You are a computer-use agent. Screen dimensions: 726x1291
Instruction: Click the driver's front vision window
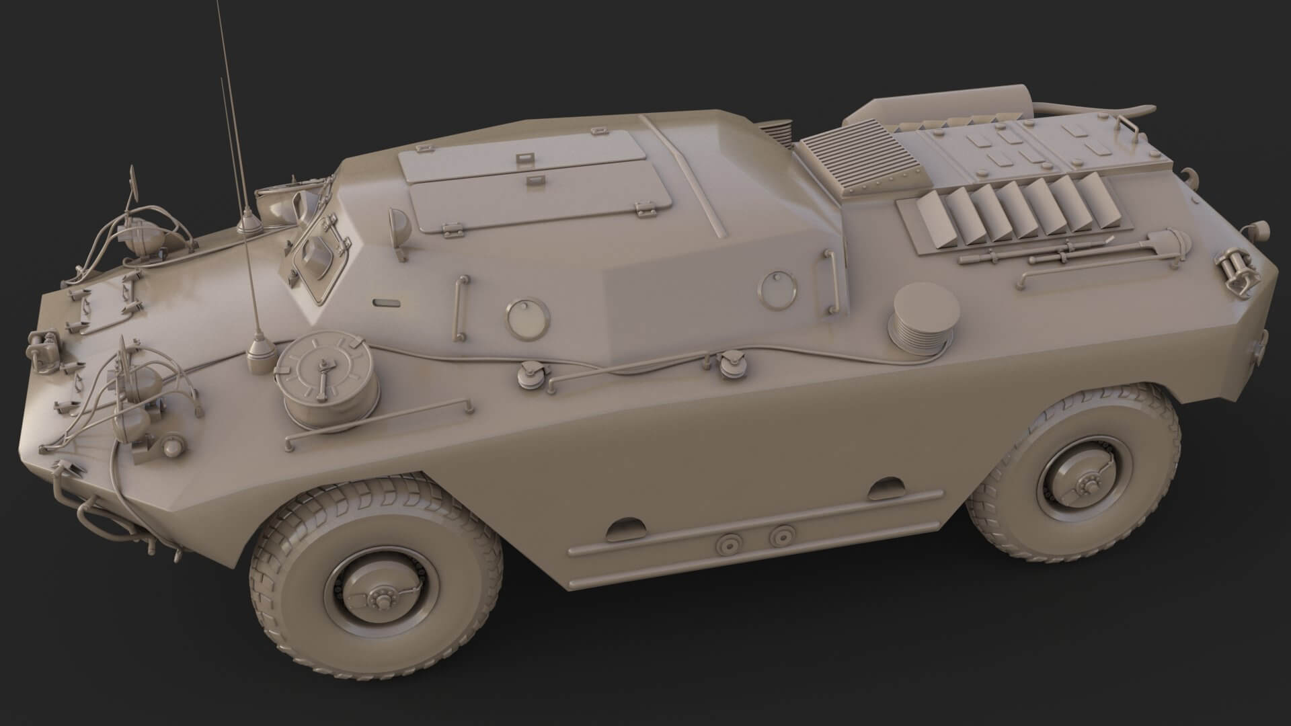314,253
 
